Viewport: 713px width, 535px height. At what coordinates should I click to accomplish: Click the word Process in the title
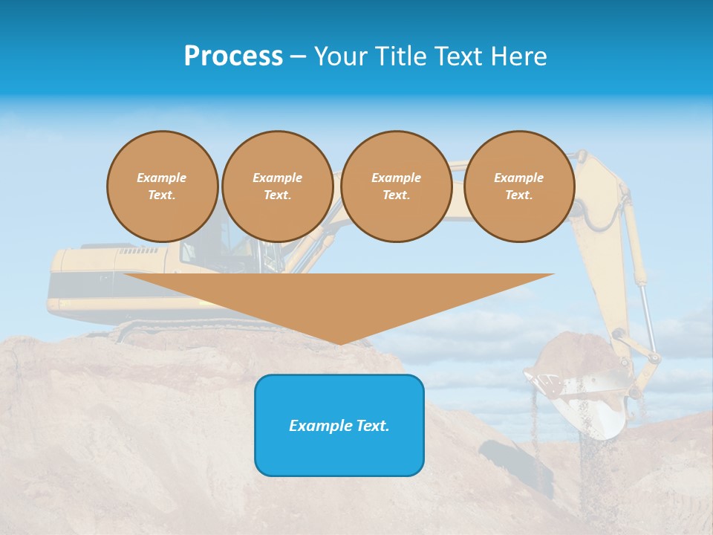(x=233, y=56)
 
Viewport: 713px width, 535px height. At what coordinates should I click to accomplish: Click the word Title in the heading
(x=399, y=56)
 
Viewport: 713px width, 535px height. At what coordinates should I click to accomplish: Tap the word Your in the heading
(x=340, y=56)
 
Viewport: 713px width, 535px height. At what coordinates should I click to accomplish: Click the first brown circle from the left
(x=162, y=187)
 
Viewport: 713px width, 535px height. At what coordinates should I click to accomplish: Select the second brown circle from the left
(x=277, y=187)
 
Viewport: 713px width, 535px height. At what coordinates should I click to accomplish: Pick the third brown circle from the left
(x=396, y=187)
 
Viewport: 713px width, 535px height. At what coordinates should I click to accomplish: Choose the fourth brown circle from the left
(x=518, y=187)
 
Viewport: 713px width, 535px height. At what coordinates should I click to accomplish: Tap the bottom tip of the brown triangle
(x=339, y=343)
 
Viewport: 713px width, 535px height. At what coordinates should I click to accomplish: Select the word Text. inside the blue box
(x=372, y=426)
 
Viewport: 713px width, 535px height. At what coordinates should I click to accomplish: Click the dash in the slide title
(x=298, y=56)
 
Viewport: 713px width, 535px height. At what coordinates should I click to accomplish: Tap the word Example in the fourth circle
(x=518, y=178)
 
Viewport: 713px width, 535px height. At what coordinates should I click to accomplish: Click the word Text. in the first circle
(x=162, y=195)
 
